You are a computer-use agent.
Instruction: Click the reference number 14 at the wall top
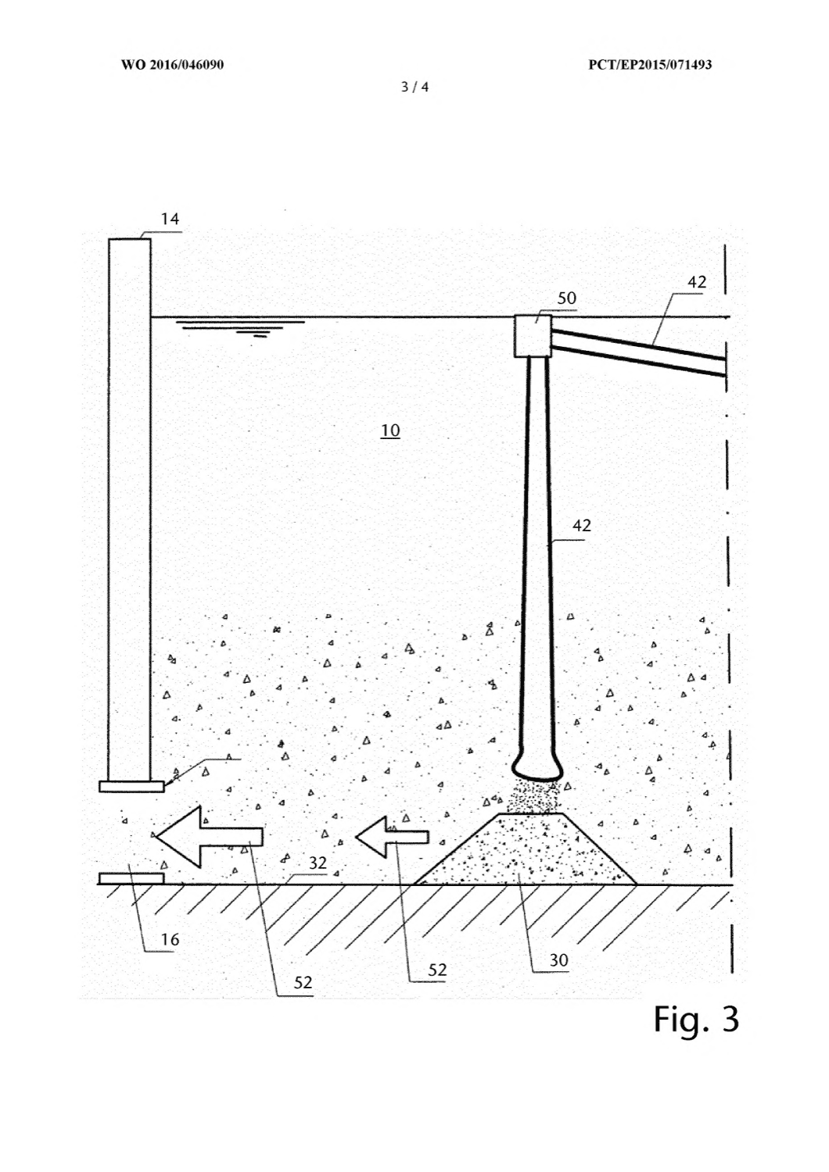point(170,219)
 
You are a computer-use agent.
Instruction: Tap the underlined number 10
point(390,431)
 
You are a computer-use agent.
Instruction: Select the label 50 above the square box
point(567,298)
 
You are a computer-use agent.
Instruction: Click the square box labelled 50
point(533,336)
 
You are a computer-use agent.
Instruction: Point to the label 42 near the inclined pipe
point(697,282)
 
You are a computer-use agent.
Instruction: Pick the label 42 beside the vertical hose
point(581,525)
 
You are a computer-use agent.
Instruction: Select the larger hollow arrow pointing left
point(210,836)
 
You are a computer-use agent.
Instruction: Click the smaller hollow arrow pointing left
point(392,837)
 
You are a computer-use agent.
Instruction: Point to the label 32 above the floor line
point(318,863)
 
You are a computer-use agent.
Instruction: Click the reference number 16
point(170,940)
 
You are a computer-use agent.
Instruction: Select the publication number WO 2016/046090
point(173,64)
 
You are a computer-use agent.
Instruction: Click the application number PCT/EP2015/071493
point(649,64)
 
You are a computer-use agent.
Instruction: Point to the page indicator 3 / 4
point(414,87)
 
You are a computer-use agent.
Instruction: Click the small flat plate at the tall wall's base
point(131,786)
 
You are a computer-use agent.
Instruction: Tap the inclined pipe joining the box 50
point(639,352)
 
